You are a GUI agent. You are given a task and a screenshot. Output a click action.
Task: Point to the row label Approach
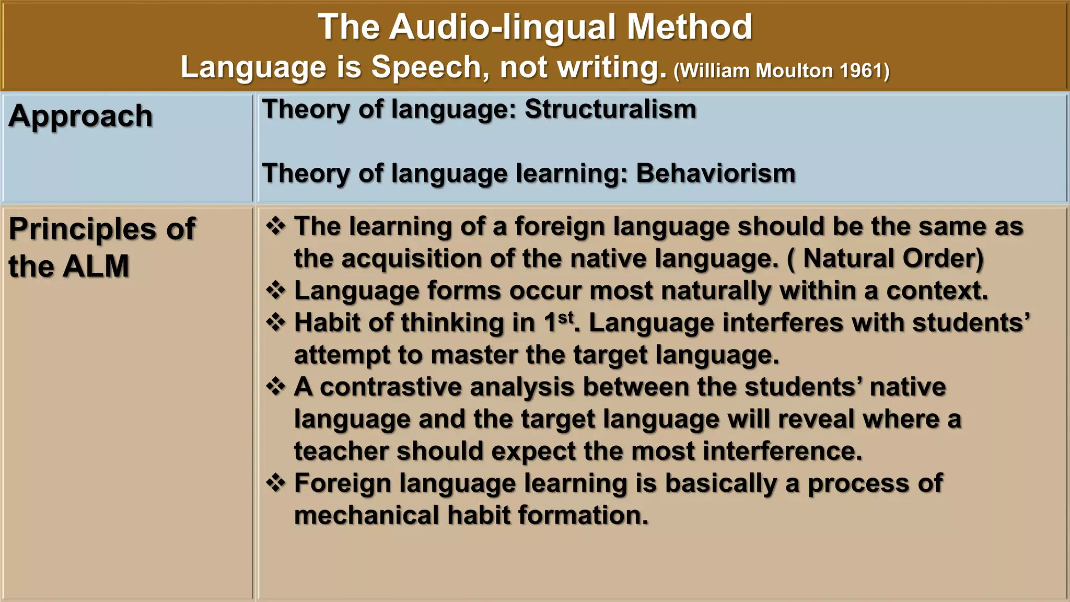pos(80,117)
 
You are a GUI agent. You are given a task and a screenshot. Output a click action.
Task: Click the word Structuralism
pos(610,110)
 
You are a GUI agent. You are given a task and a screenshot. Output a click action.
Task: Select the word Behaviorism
pos(715,173)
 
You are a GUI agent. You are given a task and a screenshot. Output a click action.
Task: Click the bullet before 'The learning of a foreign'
pos(276,226)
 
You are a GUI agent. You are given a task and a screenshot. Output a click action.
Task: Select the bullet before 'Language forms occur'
pos(276,291)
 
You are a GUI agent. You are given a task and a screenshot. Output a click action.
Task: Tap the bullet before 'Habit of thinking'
pos(276,322)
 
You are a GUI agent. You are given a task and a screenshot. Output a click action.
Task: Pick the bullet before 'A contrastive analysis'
pos(276,387)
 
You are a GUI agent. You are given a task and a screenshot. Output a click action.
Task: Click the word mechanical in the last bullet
pos(366,515)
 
